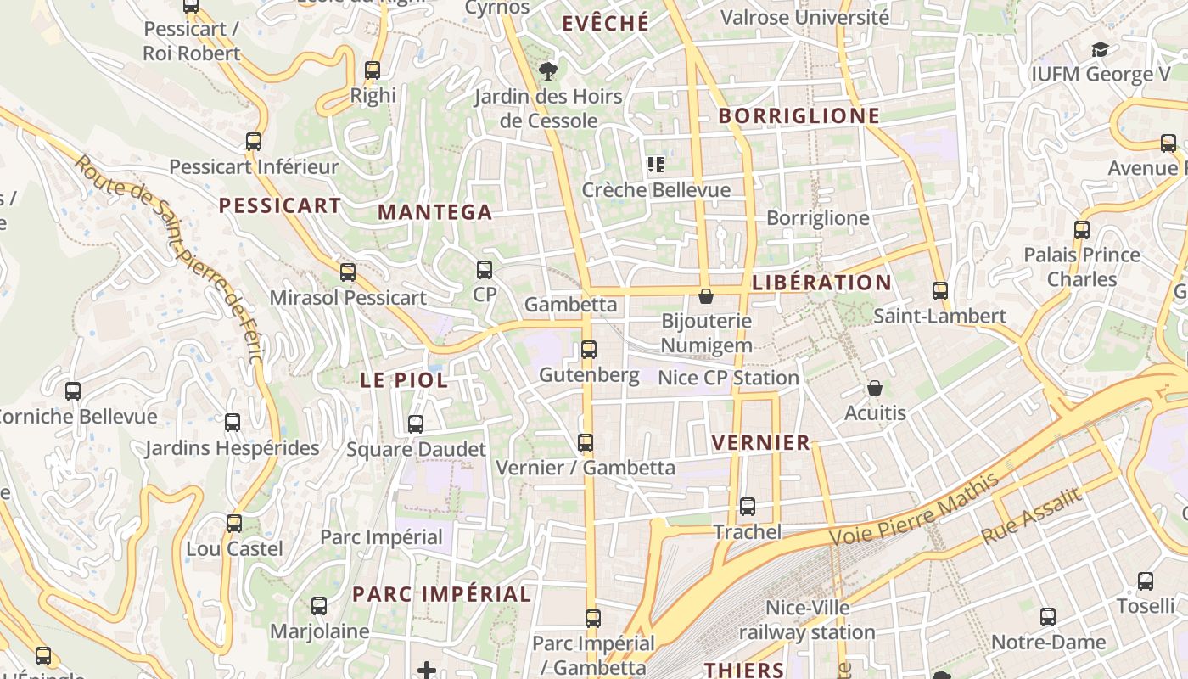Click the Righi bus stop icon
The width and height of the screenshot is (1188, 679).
coord(373,70)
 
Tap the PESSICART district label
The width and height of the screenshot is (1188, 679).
coord(280,205)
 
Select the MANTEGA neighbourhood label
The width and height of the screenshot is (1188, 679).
coord(434,212)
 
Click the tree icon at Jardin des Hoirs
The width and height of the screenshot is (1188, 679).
coord(548,70)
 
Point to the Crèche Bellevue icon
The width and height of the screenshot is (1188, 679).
coord(655,164)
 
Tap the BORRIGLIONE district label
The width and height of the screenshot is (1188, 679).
coord(799,116)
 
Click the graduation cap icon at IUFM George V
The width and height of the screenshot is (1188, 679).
coord(1100,49)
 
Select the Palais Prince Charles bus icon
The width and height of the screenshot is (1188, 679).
coord(1081,229)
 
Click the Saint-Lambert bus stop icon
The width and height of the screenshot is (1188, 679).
coord(939,291)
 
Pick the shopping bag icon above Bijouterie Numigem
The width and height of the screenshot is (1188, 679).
coord(705,296)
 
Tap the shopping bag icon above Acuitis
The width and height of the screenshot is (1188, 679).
coord(875,388)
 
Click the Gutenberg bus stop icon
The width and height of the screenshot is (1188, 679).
coord(588,349)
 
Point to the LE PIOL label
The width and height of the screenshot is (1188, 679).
coord(404,380)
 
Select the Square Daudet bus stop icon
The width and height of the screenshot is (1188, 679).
coord(415,424)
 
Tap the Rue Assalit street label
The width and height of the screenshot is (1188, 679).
coord(1032,517)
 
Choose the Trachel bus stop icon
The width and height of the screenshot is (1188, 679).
coord(747,507)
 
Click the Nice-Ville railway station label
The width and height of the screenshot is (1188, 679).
coord(806,620)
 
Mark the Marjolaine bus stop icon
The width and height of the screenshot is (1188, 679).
coord(318,606)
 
